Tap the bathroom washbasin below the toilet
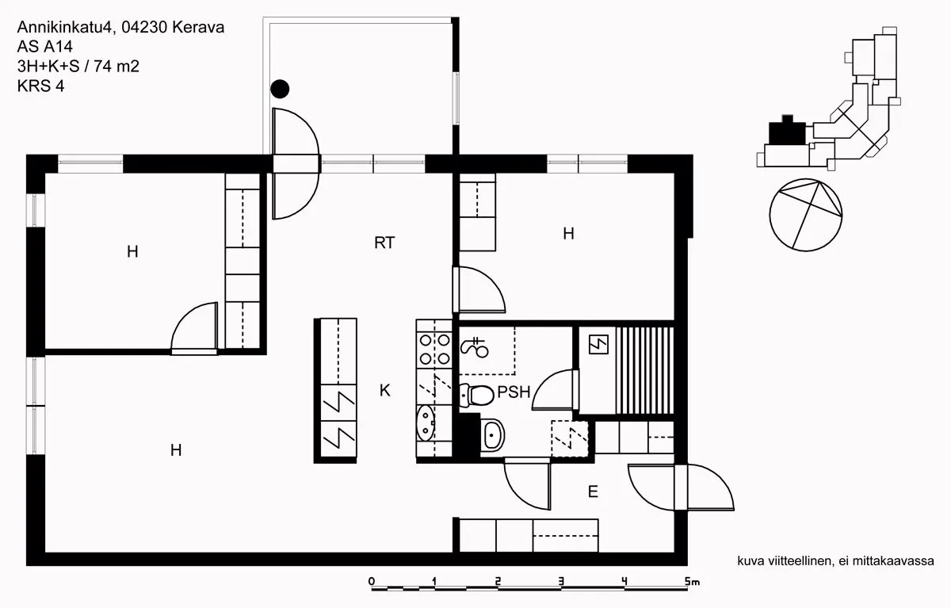493,434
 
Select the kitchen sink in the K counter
426,423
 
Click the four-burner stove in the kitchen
434,350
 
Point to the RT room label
384,243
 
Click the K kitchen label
384,390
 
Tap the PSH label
514,392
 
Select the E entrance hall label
593,491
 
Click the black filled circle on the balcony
280,89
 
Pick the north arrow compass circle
806,215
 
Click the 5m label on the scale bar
692,581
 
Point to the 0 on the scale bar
372,581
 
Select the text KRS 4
40,86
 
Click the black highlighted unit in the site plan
787,132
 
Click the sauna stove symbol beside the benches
598,344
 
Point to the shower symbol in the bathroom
475,347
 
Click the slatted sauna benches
645,370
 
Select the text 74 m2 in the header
116,67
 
